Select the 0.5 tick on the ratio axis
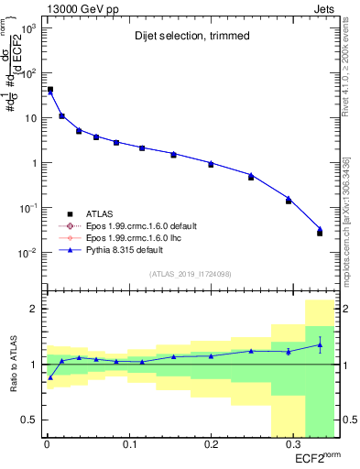(x=29, y=420)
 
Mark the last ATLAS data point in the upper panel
(x=320, y=233)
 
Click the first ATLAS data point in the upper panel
(x=49, y=90)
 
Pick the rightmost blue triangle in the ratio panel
(x=320, y=344)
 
